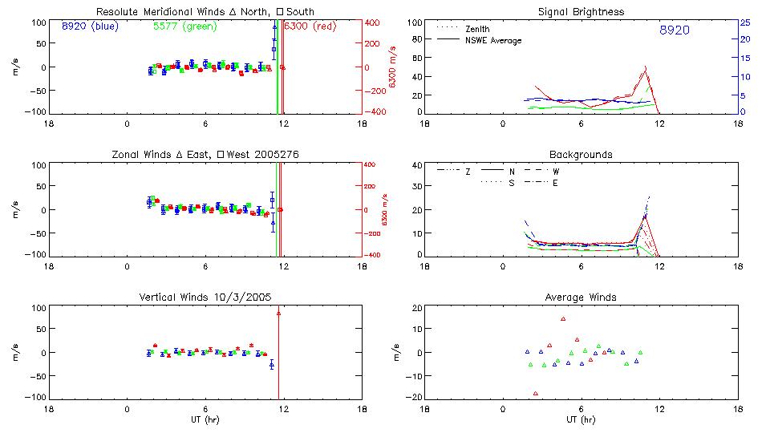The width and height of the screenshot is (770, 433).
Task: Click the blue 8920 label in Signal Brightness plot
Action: [674, 30]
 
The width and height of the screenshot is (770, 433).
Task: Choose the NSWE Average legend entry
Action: [493, 40]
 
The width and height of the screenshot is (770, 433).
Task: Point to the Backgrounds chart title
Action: [581, 154]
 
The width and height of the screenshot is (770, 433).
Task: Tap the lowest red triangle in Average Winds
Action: [535, 393]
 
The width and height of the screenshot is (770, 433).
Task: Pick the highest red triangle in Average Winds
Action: [563, 318]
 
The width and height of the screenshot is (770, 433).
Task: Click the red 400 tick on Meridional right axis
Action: [373, 22]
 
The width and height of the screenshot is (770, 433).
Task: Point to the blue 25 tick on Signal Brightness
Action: [745, 22]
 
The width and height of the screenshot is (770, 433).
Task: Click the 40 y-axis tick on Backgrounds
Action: [416, 166]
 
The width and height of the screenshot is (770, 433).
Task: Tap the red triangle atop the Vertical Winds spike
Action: [278, 313]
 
